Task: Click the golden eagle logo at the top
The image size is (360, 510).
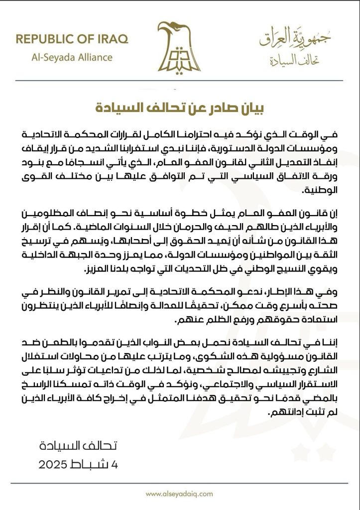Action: (179, 47)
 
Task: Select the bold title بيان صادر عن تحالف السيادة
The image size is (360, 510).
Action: (179, 107)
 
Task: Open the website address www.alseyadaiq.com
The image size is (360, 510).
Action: (179, 494)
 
